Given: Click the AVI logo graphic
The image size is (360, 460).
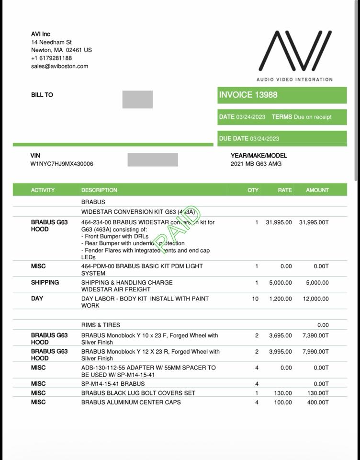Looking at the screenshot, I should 295,51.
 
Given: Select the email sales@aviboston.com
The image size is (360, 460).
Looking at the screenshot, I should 59,66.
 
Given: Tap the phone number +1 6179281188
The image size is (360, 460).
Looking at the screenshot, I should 51,58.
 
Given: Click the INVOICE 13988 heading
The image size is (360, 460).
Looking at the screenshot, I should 248,95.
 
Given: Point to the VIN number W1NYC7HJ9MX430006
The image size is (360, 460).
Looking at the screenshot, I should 62,164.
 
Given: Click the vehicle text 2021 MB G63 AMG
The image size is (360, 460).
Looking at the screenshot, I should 256,164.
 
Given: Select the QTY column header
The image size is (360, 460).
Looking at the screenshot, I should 253,190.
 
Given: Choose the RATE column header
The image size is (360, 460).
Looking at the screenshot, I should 284,190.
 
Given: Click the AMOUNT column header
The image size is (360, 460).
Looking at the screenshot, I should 317,190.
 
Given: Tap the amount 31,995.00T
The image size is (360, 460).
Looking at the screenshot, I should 314,222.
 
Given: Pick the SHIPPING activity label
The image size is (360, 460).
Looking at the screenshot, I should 45,282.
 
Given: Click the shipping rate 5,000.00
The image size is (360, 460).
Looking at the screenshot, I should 280,283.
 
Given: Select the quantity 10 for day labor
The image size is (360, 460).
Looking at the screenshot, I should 255,299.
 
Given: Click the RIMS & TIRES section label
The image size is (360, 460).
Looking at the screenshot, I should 101,325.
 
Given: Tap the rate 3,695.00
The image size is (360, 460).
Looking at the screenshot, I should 280,336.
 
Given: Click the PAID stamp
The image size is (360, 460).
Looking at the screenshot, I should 177,230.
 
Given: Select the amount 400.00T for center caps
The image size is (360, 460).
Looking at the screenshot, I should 318,402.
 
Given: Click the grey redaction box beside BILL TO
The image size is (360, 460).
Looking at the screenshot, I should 137,99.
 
